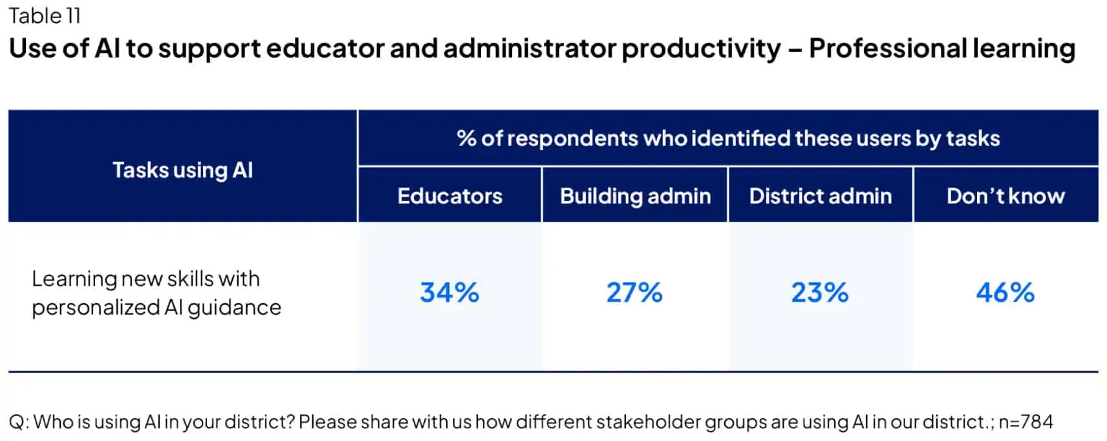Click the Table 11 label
(44, 16)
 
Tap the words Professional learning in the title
(941, 49)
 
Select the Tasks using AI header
(182, 170)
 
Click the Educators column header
(449, 196)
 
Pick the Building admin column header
(635, 196)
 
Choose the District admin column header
(820, 196)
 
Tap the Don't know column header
(1005, 196)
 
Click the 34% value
(449, 293)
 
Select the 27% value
(634, 293)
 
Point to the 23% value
(819, 293)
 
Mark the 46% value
(1005, 293)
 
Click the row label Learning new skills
(145, 279)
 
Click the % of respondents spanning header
(727, 138)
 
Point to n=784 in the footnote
(1026, 422)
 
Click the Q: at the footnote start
(18, 422)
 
